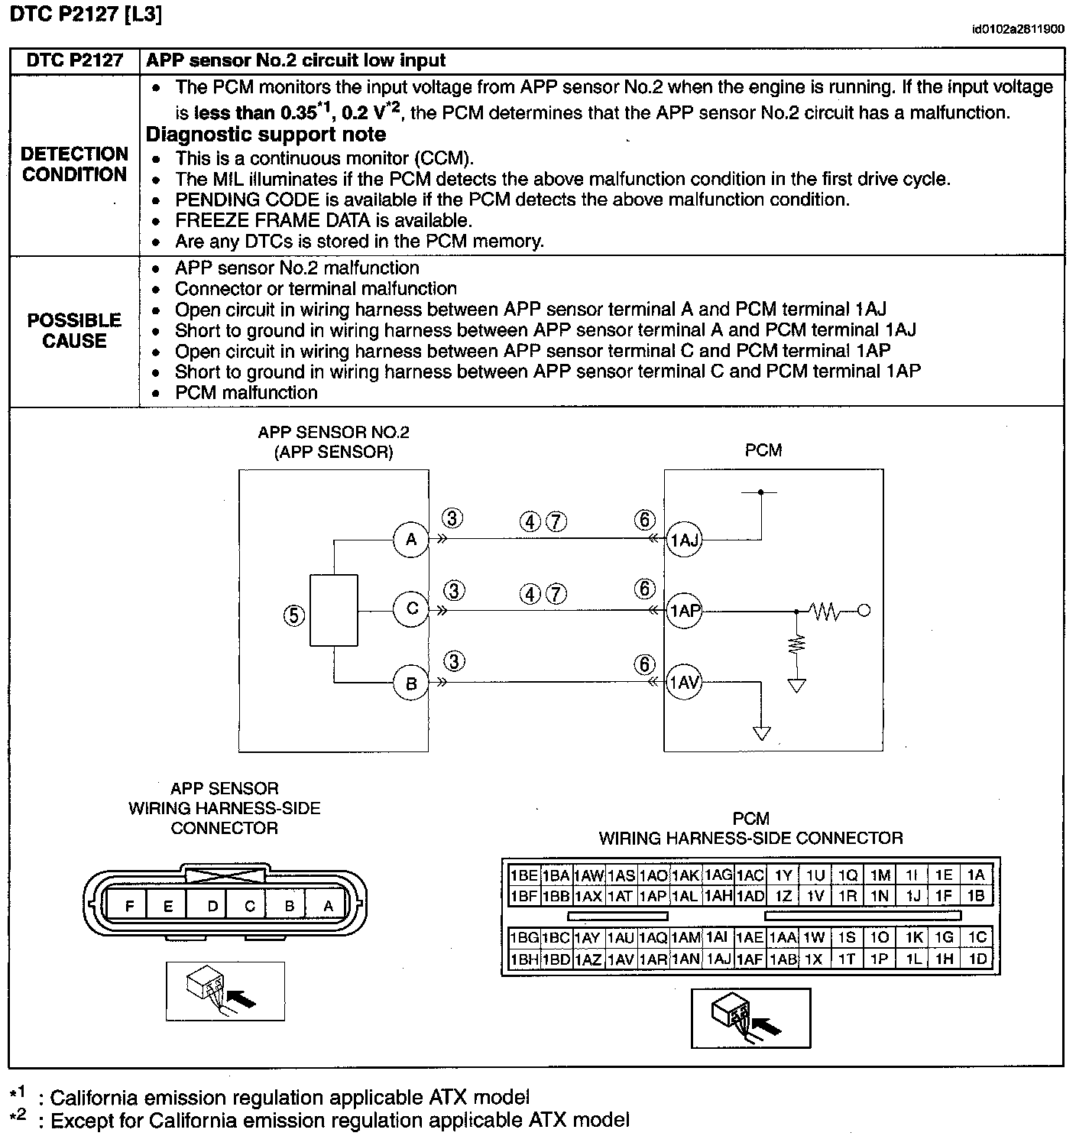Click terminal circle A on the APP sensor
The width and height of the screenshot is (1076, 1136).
(411, 540)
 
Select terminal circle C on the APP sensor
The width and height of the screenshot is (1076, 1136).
(411, 609)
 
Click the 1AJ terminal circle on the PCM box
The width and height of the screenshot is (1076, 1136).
(684, 540)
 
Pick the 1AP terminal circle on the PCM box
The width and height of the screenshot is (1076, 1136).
(684, 611)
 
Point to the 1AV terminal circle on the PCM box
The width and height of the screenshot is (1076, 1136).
(684, 682)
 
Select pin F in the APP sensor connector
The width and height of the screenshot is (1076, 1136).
(129, 907)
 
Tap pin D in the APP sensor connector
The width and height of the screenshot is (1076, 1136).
(212, 907)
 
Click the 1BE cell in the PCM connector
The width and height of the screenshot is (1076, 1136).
(523, 875)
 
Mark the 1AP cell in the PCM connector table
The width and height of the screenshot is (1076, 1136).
(653, 896)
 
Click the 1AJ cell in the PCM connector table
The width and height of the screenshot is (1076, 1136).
(718, 959)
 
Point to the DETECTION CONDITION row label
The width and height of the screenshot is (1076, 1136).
(75, 164)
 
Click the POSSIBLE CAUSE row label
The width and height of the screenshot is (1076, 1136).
(75, 330)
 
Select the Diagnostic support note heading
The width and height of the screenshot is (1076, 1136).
(266, 135)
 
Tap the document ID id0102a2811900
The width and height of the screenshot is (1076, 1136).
(1018, 30)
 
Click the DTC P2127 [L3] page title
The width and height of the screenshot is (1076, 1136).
(86, 15)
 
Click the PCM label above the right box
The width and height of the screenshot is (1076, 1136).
(763, 450)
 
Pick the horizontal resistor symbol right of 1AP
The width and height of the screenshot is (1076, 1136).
(825, 611)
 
